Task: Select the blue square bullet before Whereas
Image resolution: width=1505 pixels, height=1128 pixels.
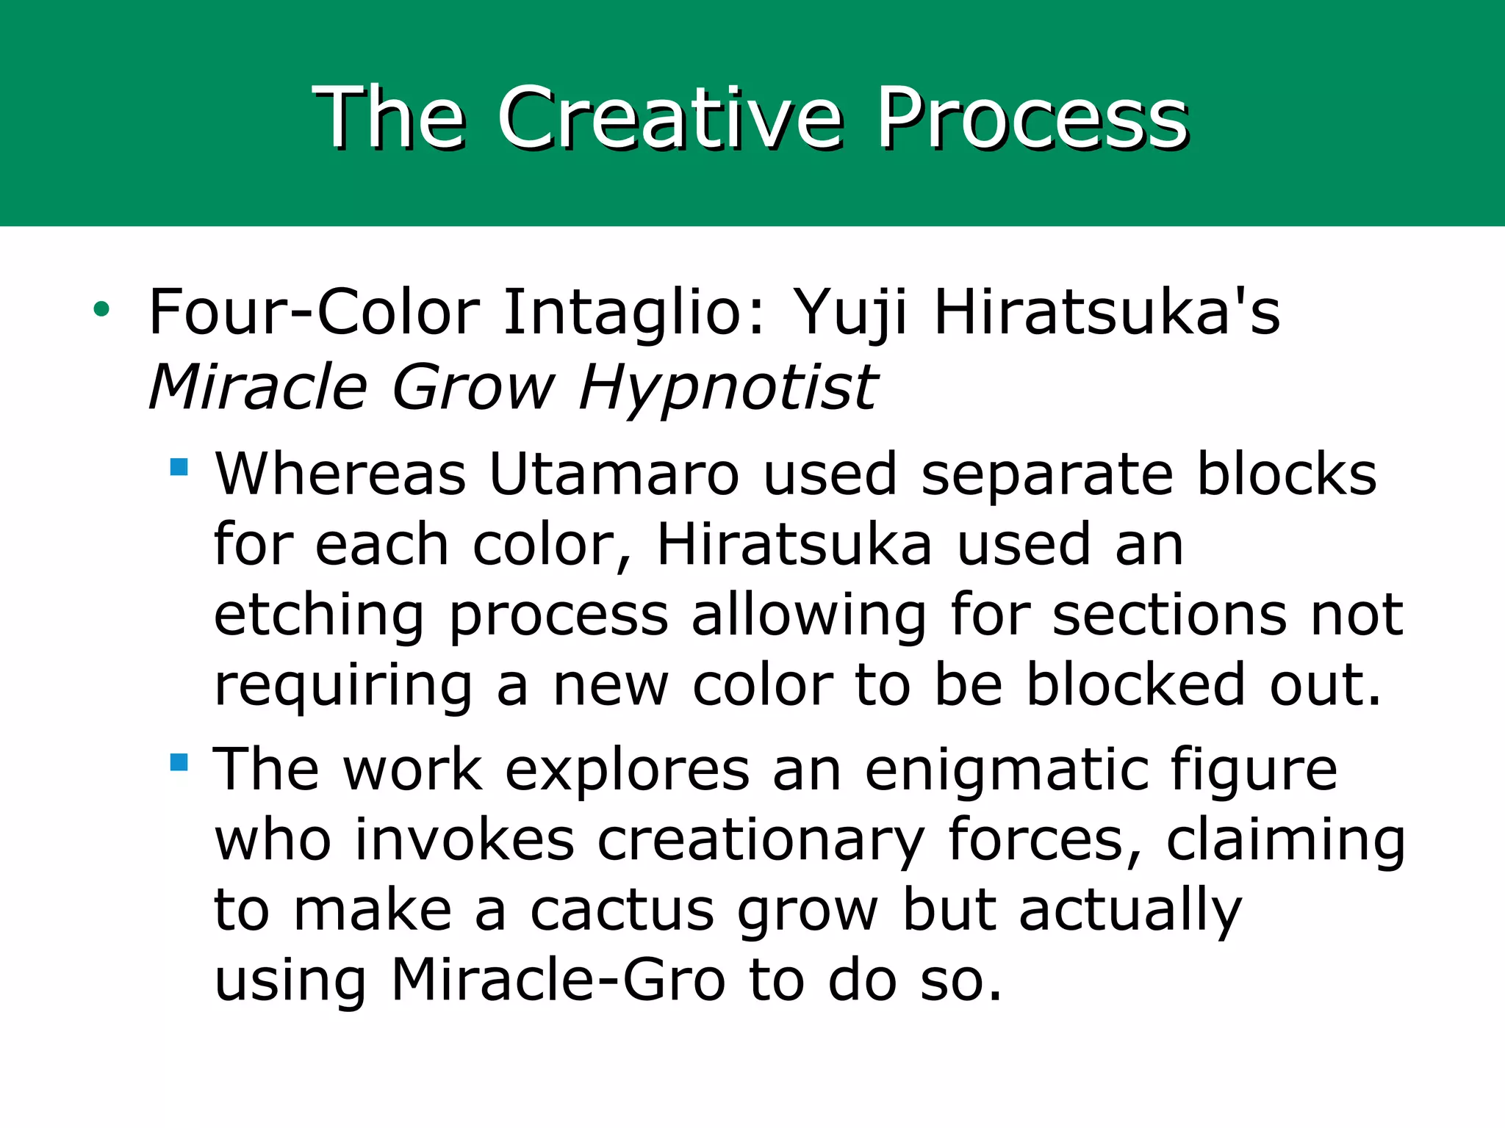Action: [179, 467]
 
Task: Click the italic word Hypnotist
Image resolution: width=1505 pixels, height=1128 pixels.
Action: [728, 388]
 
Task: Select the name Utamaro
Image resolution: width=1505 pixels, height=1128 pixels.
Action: [614, 474]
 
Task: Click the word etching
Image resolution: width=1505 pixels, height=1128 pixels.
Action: [319, 615]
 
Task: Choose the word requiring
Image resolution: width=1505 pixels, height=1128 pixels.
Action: [343, 686]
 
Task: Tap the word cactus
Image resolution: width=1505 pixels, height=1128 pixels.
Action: [622, 911]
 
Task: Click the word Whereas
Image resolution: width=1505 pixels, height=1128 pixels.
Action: [340, 474]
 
